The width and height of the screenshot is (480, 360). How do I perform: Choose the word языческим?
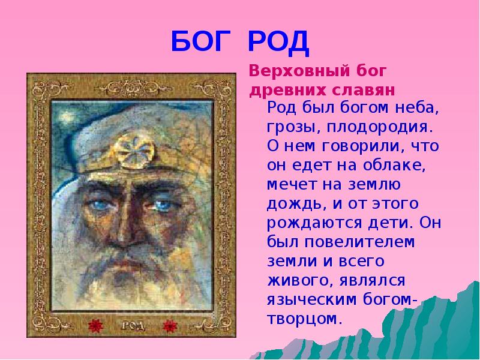[310, 299]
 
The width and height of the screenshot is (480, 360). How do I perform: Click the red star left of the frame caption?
[94, 326]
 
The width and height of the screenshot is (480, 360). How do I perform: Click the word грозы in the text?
[287, 128]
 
